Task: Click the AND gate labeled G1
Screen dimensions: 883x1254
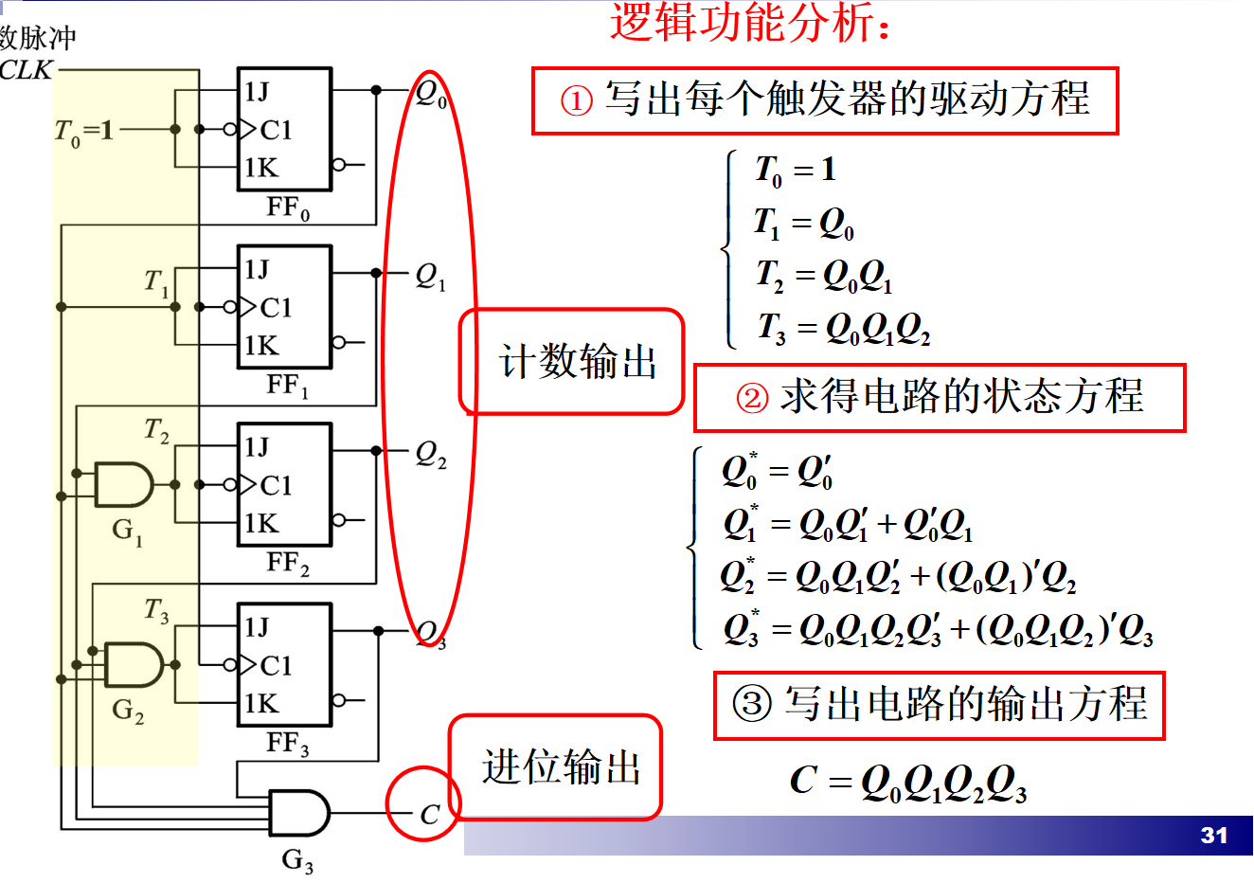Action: pyautogui.click(x=123, y=485)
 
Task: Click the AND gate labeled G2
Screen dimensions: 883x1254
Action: pyautogui.click(x=134, y=664)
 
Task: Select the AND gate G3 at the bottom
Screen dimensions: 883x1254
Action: pyautogui.click(x=298, y=813)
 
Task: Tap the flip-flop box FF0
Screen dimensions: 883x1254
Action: pyautogui.click(x=284, y=129)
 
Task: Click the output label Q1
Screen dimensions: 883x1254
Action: pyautogui.click(x=430, y=276)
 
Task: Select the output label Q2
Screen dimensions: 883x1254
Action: pyautogui.click(x=430, y=454)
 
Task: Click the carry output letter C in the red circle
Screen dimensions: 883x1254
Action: pyautogui.click(x=429, y=814)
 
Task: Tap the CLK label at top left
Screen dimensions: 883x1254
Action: pyautogui.click(x=27, y=70)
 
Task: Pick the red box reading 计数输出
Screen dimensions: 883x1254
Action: pyautogui.click(x=572, y=362)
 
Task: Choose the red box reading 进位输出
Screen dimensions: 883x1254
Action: pyautogui.click(x=556, y=767)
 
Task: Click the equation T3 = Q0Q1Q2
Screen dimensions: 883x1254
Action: pyautogui.click(x=843, y=328)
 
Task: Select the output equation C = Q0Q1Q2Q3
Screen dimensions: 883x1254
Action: pyautogui.click(x=907, y=783)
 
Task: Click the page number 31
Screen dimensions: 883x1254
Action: pyautogui.click(x=1213, y=835)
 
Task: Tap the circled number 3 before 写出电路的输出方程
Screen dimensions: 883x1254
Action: pyautogui.click(x=753, y=704)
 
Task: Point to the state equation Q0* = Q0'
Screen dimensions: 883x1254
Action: pyautogui.click(x=777, y=471)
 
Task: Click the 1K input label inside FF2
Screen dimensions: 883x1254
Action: pyautogui.click(x=261, y=524)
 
